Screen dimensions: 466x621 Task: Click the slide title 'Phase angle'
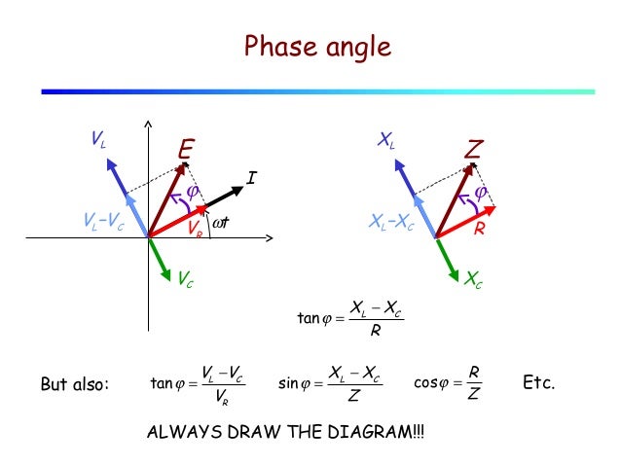pos(316,46)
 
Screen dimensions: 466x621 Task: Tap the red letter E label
pos(186,150)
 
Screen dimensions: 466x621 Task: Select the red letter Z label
pos(473,150)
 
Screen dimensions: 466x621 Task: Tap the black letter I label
pos(251,178)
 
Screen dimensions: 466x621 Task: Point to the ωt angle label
pos(226,225)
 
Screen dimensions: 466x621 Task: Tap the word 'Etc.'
pos(538,382)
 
